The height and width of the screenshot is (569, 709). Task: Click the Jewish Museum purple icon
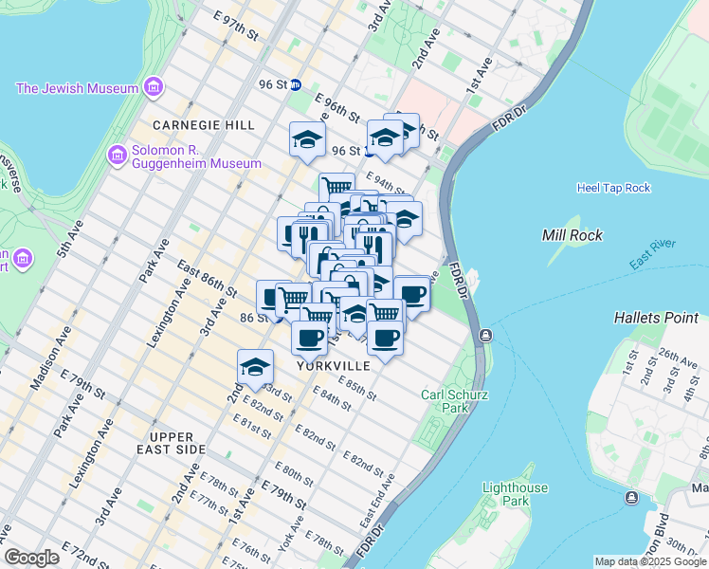pyautogui.click(x=153, y=89)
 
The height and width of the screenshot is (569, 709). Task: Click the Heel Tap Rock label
pyautogui.click(x=613, y=188)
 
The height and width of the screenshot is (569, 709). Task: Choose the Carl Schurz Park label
pyautogui.click(x=444, y=401)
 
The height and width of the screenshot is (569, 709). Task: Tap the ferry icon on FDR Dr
pyautogui.click(x=484, y=335)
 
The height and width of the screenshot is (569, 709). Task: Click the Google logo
pyautogui.click(x=31, y=558)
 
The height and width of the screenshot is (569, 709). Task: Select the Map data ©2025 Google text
pyautogui.click(x=650, y=561)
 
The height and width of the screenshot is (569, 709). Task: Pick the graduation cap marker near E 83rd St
pyautogui.click(x=255, y=366)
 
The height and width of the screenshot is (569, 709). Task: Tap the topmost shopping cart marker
pyautogui.click(x=336, y=186)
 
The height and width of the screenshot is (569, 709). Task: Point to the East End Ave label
pyautogui.click(x=371, y=510)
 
